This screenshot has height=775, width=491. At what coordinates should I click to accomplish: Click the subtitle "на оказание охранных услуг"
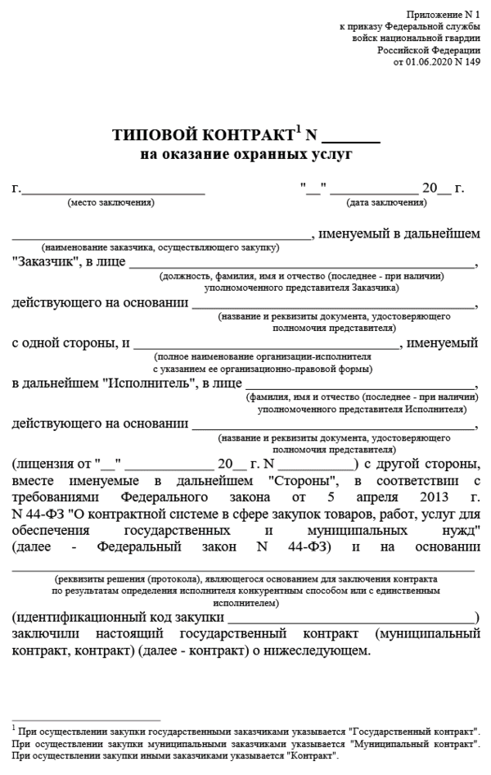pos(245,153)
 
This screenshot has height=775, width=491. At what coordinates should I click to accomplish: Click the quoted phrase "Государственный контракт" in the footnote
pos(414,729)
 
